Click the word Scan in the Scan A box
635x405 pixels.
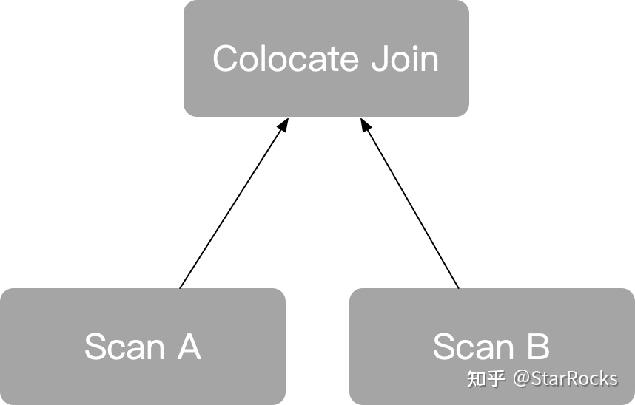tap(124, 347)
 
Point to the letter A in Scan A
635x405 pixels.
tap(189, 347)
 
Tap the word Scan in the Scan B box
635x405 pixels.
tap(473, 347)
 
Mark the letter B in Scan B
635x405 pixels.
tap(538, 347)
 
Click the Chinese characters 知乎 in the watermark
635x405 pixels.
tap(486, 379)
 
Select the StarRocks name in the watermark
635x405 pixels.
tap(574, 379)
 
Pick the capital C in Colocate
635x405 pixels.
tap(225, 59)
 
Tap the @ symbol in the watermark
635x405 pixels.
tap(521, 379)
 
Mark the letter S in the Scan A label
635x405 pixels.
tap(95, 347)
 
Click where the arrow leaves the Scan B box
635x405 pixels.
tap(458, 287)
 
